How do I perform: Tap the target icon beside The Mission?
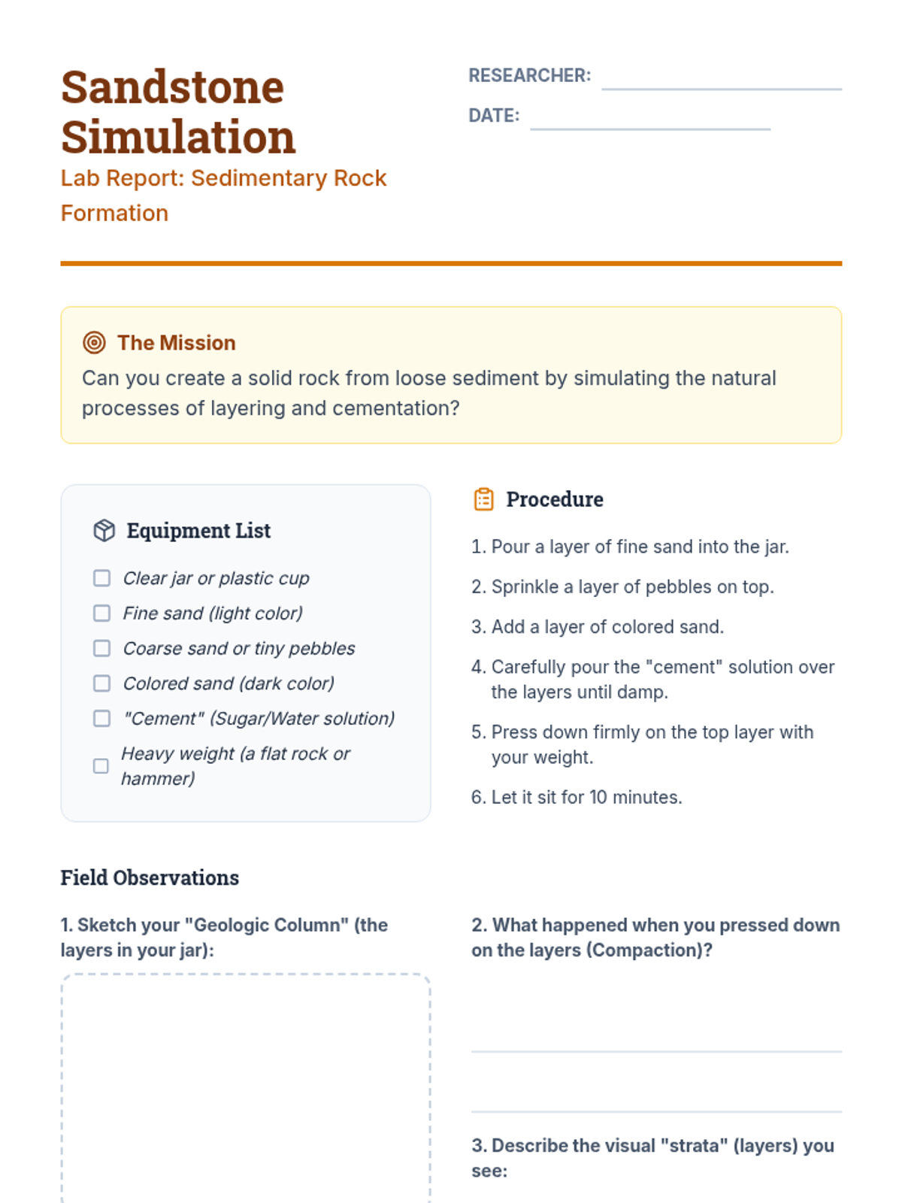pos(94,343)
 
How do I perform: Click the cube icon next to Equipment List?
pos(104,530)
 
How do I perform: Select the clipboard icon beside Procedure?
pos(483,499)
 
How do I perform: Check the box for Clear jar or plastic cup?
pos(101,578)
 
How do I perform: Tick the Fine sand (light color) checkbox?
pos(101,614)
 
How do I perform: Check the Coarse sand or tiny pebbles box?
pos(101,648)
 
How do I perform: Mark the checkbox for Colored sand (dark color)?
pos(101,683)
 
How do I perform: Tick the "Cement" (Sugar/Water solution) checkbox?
pos(101,719)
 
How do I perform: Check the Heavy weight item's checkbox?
pos(101,766)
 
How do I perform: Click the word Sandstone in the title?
pos(173,87)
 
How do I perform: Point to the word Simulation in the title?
pos(178,137)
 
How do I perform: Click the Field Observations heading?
pos(150,877)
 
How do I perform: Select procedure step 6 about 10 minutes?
pos(577,797)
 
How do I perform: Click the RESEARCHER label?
pos(529,75)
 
